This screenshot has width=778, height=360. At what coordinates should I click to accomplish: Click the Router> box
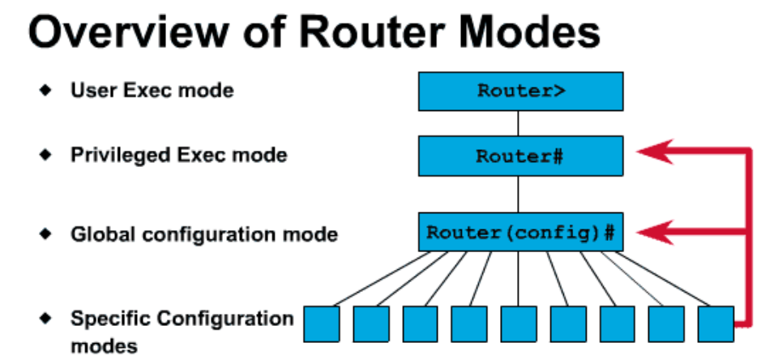[520, 90]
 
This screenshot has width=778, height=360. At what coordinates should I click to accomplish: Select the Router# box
[520, 156]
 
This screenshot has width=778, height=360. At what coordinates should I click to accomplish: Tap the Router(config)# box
[520, 234]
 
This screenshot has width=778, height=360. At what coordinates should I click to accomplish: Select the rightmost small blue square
[716, 323]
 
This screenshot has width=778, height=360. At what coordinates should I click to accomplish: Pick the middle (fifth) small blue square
[519, 323]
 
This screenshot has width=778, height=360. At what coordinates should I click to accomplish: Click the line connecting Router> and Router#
[519, 123]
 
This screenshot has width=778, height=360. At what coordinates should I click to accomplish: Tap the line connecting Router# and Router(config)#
[519, 195]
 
